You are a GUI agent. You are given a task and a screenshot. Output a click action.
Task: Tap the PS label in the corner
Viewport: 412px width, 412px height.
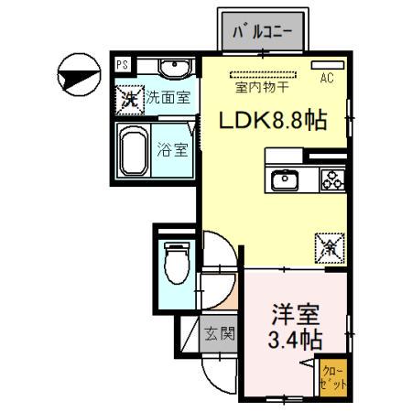click(x=122, y=64)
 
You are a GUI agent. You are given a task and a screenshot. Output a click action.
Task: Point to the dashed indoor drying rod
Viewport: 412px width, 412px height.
click(x=265, y=73)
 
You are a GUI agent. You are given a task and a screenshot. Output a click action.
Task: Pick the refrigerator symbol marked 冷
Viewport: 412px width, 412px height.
click(x=328, y=246)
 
